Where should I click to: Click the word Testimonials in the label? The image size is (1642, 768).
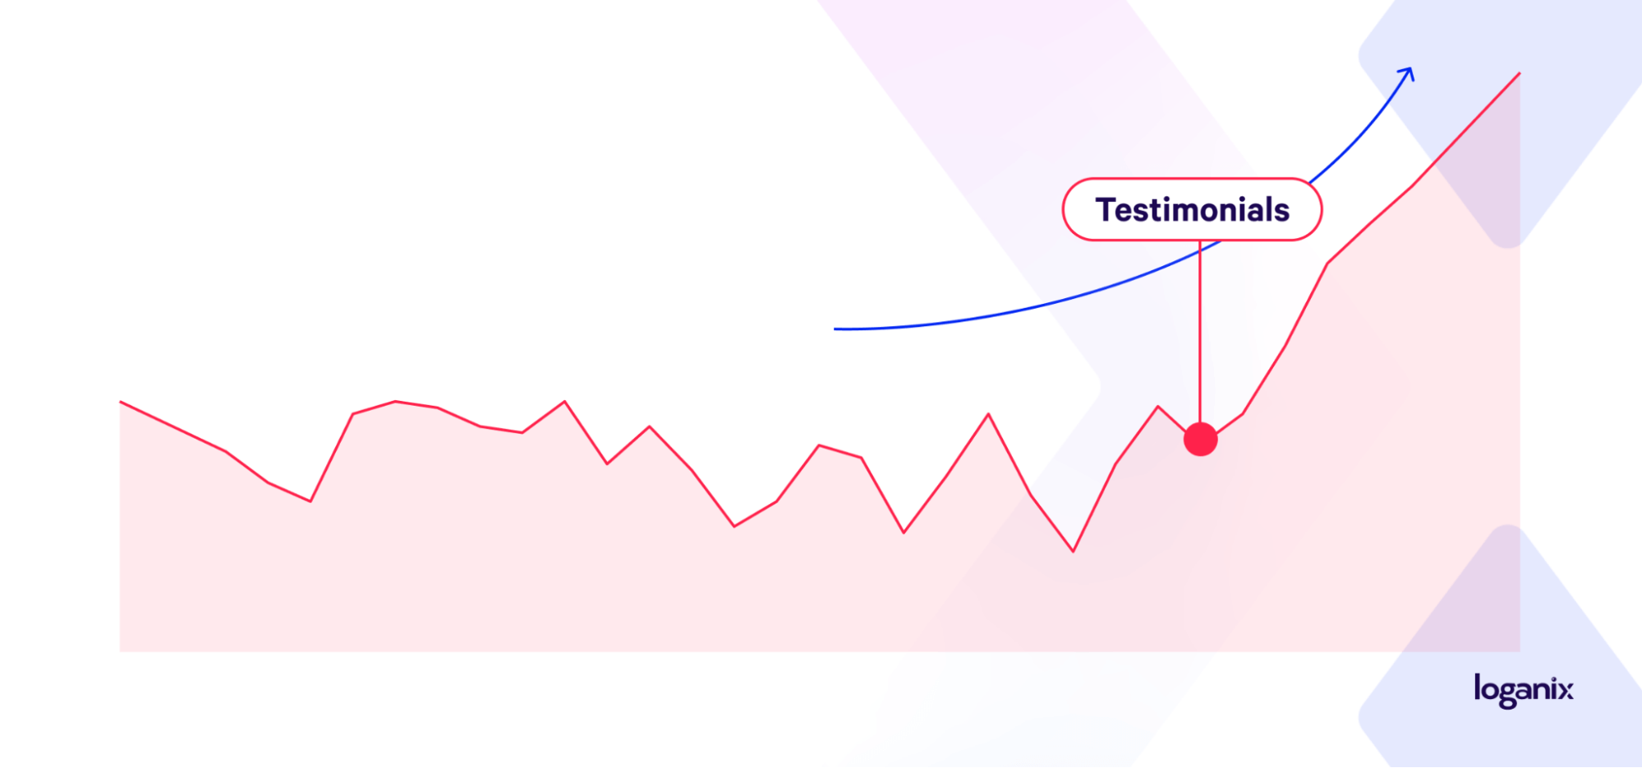[1192, 210]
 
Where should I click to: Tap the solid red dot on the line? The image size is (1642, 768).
[1200, 439]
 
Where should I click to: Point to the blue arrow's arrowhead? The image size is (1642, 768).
[1408, 74]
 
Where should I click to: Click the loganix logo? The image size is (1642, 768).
[1524, 691]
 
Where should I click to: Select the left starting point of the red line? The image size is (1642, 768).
[121, 402]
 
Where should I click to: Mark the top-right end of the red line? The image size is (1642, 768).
[1519, 74]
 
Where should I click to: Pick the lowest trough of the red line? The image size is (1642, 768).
[1073, 550]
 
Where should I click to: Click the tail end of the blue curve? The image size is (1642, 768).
[835, 329]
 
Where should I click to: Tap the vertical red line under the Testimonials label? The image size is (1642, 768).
[1200, 331]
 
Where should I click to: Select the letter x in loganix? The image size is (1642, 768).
[1566, 690]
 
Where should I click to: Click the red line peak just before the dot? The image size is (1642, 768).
[1158, 406]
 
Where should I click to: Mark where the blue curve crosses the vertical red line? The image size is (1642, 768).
[1200, 251]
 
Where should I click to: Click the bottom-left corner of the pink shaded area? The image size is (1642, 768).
[121, 651]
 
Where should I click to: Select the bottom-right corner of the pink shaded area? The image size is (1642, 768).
[1520, 651]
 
